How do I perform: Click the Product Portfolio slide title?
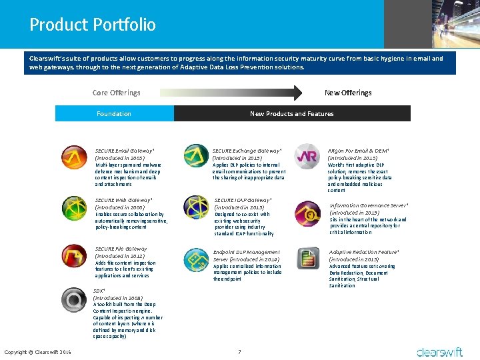[x=93, y=25]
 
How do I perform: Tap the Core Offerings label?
[x=116, y=93]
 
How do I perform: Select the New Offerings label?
[x=347, y=93]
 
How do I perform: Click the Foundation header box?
[x=114, y=114]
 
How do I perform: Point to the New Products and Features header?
[x=292, y=114]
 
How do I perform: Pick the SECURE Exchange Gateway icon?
[x=195, y=156]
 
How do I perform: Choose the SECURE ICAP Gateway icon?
[x=195, y=207]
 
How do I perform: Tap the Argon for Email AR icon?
[x=307, y=156]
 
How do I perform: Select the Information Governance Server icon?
[x=307, y=213]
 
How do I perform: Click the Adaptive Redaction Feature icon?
[x=307, y=258]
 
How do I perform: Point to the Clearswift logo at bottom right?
[x=440, y=351]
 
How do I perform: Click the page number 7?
[x=239, y=351]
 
